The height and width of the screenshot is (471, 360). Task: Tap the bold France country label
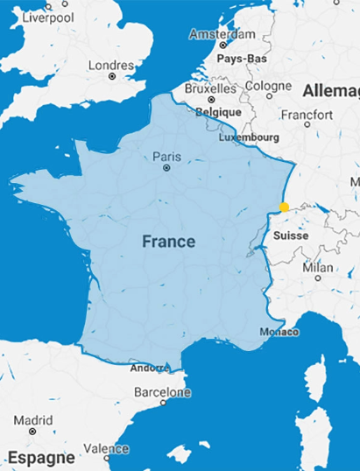(x=169, y=241)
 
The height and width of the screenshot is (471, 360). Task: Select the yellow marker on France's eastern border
(x=284, y=207)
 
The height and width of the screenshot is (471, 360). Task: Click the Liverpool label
(x=49, y=17)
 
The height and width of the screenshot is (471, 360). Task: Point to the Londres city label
(x=111, y=65)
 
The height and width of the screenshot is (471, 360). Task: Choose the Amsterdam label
(x=222, y=35)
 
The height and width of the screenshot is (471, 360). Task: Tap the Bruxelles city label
(x=210, y=88)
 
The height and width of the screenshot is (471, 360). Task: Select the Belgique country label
(x=218, y=112)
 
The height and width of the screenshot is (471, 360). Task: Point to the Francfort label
(x=307, y=115)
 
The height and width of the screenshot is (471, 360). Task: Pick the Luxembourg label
(x=248, y=137)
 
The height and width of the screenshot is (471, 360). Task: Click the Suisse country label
(x=290, y=236)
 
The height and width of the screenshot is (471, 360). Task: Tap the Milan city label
(x=317, y=267)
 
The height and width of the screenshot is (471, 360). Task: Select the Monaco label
(x=279, y=332)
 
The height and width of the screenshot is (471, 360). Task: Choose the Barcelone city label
(x=162, y=394)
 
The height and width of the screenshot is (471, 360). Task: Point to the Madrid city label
(x=33, y=419)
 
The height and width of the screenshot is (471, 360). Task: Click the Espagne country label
(x=41, y=456)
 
